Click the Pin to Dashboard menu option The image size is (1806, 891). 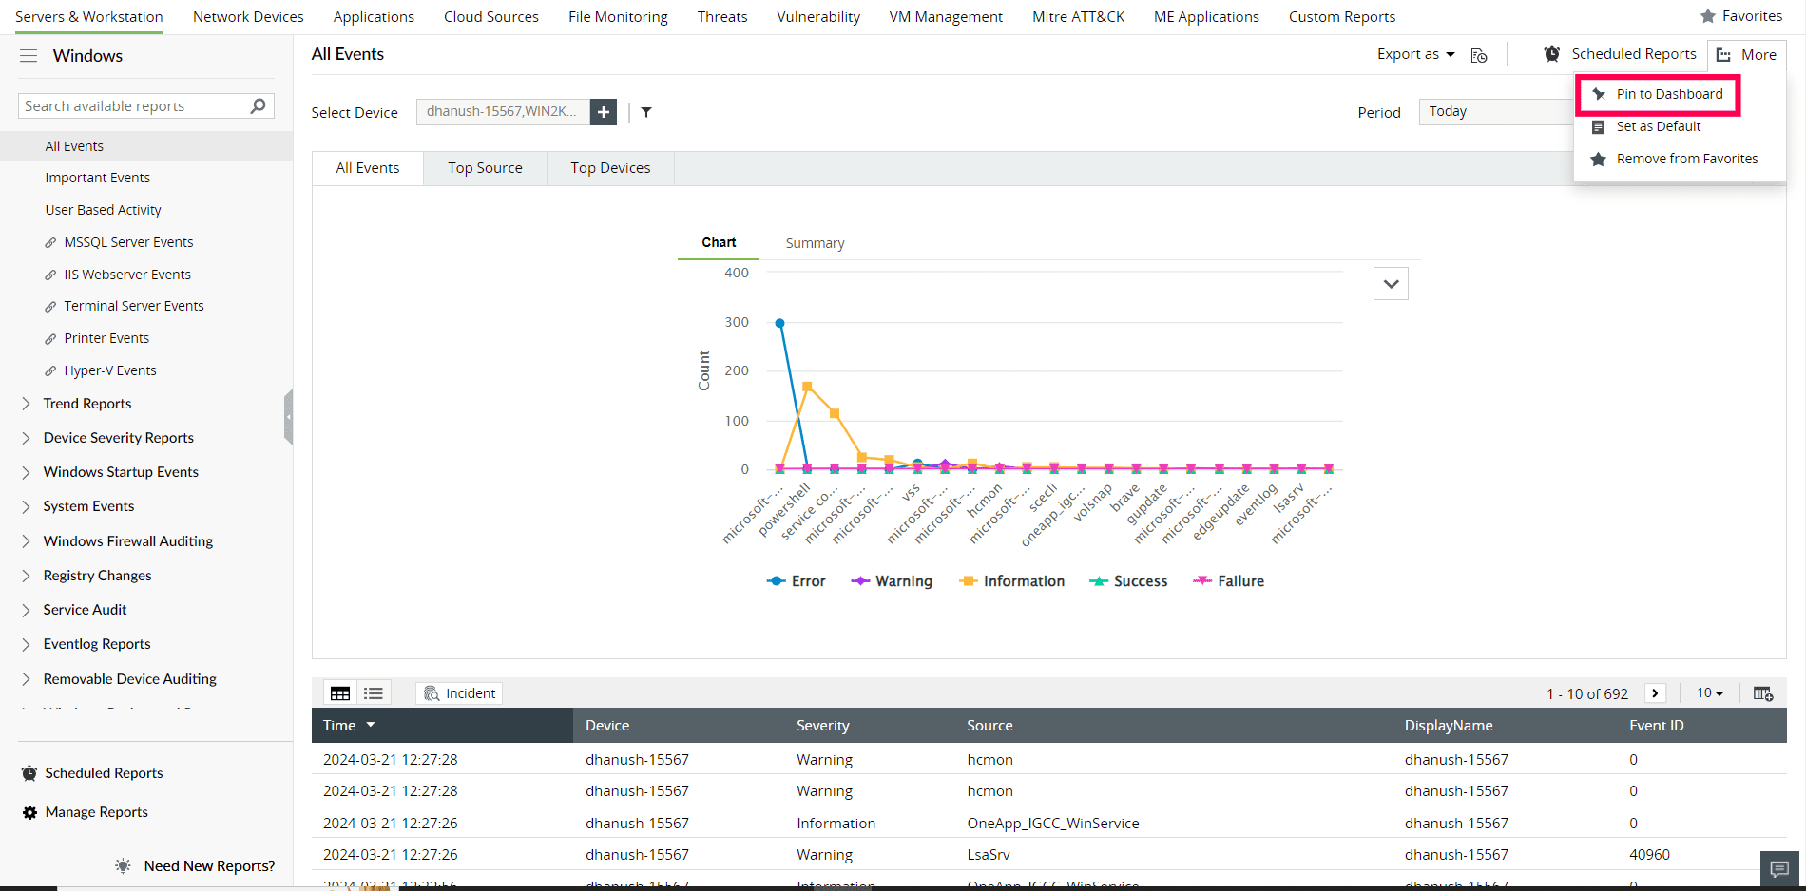coord(1669,94)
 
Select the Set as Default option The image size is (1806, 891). coord(1658,126)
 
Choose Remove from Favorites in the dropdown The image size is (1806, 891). coord(1686,159)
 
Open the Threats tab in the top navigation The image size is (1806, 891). coord(721,17)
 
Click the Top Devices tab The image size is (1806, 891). coord(610,168)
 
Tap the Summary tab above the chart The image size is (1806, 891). coord(815,243)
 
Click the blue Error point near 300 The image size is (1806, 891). coord(780,324)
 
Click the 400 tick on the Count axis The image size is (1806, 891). coord(737,273)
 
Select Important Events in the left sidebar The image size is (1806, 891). coord(97,178)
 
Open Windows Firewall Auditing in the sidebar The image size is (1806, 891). coord(128,541)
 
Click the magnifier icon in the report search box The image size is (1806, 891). coord(258,106)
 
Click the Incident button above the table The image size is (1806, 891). coord(460,693)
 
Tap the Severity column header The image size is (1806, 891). coord(822,726)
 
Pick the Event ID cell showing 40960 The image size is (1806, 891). coord(1649,855)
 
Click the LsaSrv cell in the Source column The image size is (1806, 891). coord(989,855)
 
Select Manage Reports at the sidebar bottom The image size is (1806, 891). coord(96,812)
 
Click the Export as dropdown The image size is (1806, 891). coord(1415,54)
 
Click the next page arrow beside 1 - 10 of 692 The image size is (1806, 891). coord(1655,693)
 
